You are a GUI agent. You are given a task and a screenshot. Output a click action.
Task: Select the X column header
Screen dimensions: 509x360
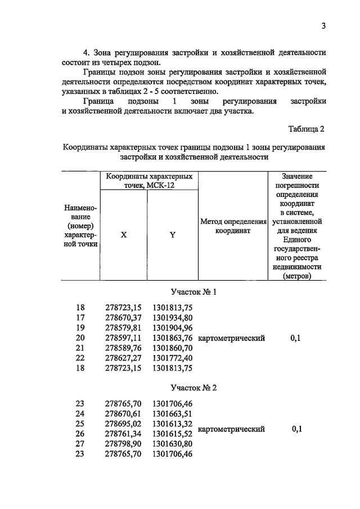click(123, 236)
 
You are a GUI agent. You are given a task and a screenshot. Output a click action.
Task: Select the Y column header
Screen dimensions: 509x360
click(172, 236)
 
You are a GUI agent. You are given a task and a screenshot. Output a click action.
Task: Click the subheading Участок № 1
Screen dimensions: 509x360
click(193, 292)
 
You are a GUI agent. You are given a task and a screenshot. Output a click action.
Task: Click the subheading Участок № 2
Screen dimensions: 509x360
click(193, 388)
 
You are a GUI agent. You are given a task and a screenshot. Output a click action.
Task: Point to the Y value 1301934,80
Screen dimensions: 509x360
click(172, 318)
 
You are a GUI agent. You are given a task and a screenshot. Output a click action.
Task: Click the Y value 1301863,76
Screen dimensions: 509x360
click(172, 338)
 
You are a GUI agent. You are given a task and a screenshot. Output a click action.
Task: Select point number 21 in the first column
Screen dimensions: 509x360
click(80, 348)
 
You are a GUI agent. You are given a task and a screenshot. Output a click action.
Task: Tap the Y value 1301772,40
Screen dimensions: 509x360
click(172, 358)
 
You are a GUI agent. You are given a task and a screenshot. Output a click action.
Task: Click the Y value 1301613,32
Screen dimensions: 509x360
click(172, 423)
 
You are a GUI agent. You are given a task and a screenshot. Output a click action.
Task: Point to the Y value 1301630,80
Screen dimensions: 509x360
click(172, 443)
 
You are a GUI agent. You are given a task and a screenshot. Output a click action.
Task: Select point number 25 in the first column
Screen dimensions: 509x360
click(80, 423)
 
